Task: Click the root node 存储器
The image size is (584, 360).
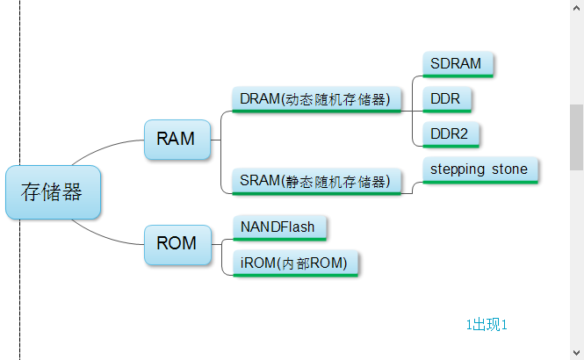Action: (53, 192)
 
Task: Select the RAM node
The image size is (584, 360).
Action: (177, 139)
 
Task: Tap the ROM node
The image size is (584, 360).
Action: (177, 243)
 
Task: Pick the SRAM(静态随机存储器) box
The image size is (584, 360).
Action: (314, 182)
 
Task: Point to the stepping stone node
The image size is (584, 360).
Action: (479, 169)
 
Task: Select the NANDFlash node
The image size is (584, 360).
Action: (278, 227)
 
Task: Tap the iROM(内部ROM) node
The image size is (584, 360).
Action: (294, 263)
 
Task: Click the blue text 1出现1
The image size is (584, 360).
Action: (487, 325)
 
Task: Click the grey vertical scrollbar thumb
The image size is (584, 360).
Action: (576, 136)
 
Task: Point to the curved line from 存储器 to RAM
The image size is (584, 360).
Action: (105, 148)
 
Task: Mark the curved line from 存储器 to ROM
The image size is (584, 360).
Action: (105, 234)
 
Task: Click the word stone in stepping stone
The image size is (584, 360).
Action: (510, 169)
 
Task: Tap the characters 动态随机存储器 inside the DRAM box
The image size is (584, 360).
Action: (336, 99)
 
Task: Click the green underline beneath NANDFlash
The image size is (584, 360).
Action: (279, 239)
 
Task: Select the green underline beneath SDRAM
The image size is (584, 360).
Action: (458, 76)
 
